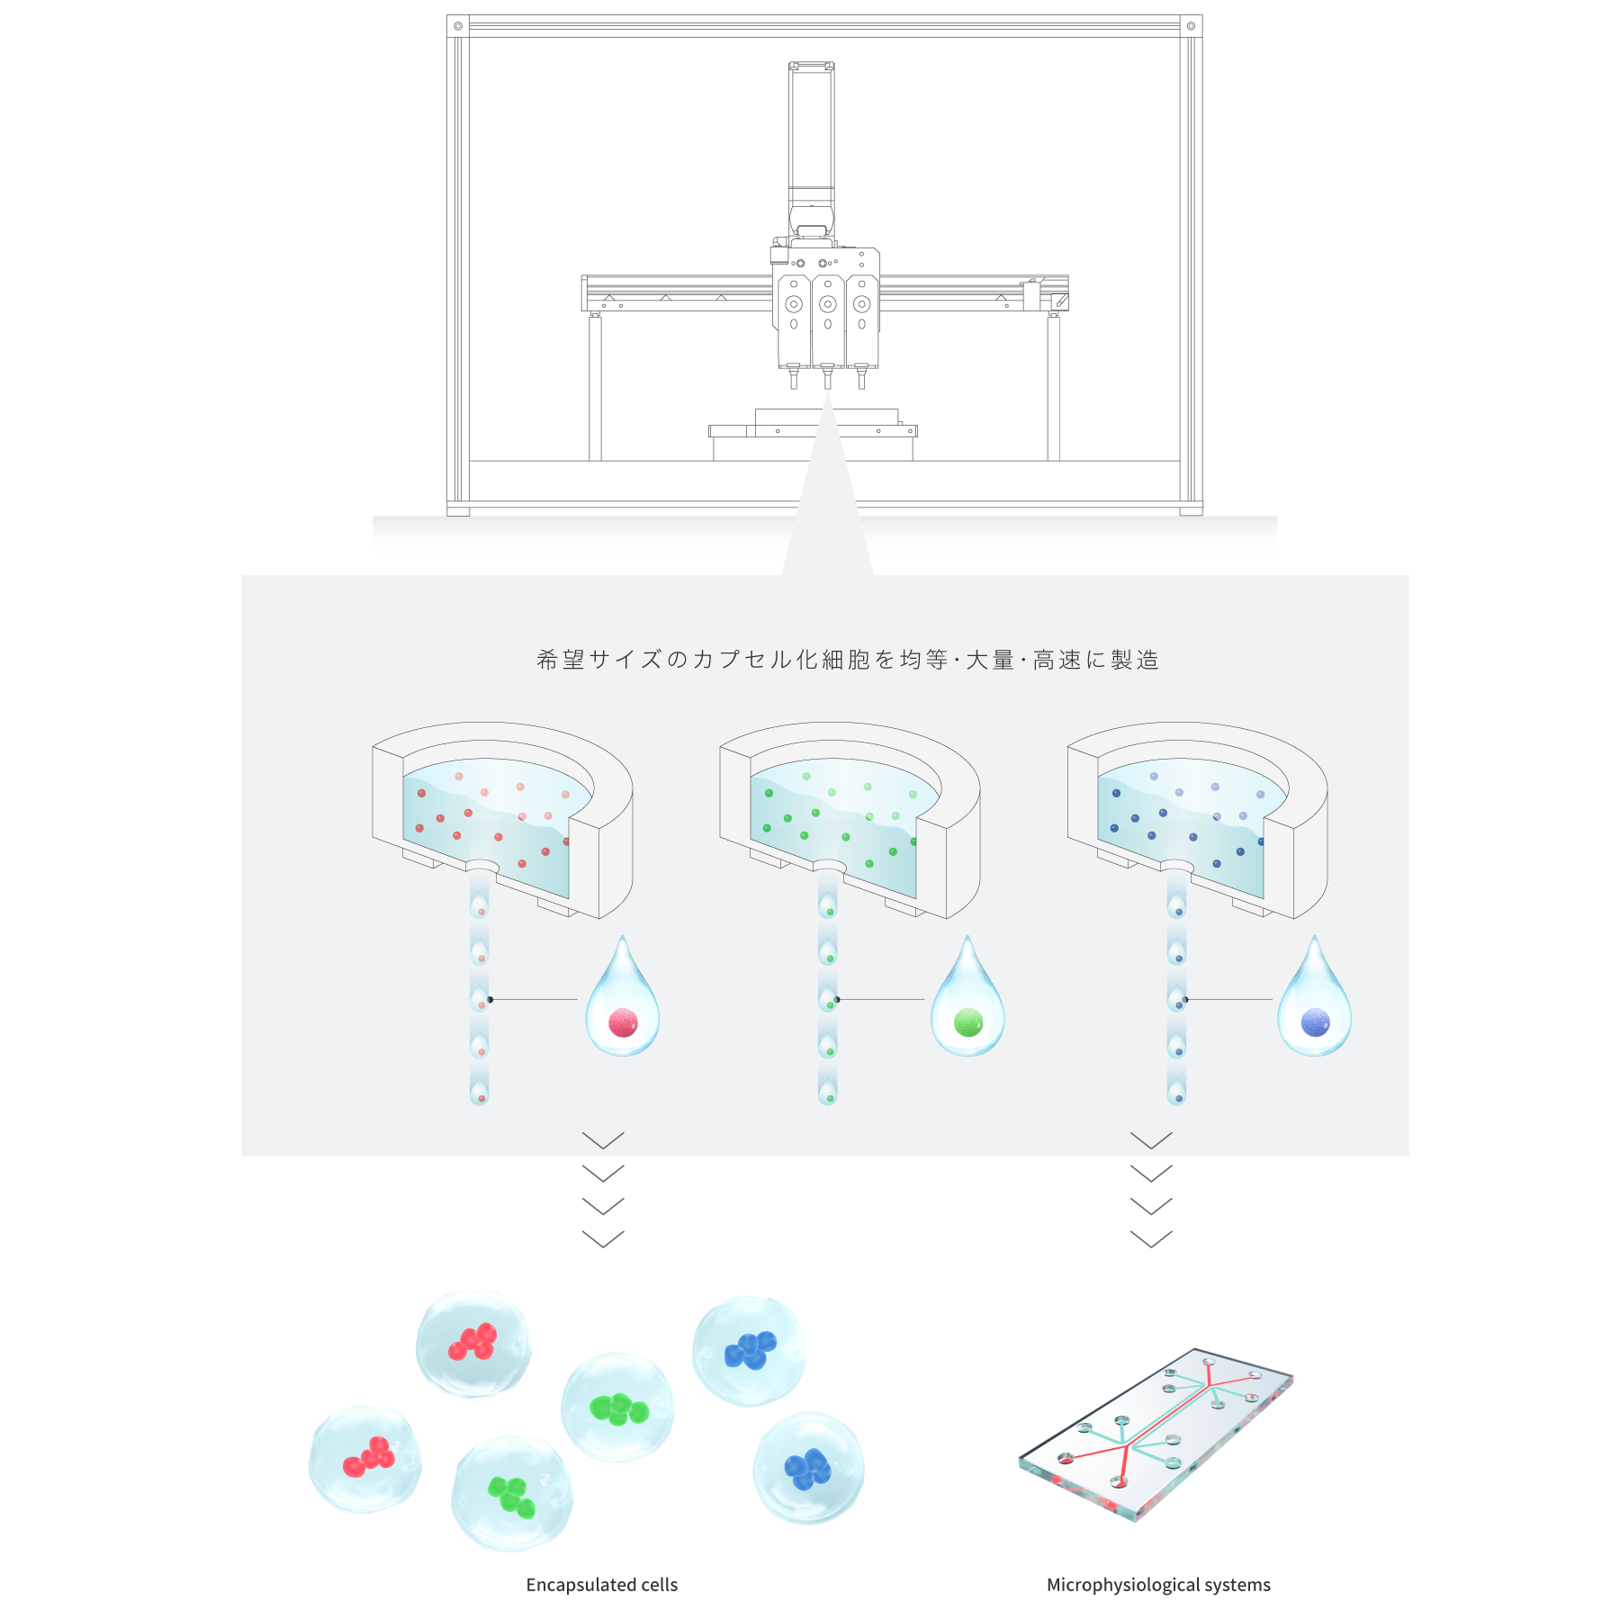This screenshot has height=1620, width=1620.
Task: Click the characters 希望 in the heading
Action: tap(561, 660)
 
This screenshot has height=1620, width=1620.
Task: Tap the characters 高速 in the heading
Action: tap(1057, 660)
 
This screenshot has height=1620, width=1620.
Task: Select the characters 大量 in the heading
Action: tap(990, 660)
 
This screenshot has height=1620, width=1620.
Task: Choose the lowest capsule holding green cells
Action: tap(511, 1494)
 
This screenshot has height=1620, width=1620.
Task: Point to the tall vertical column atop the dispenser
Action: tap(811, 135)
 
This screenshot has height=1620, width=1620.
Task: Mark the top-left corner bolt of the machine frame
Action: tap(458, 26)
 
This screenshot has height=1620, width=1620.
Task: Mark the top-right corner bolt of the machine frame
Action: tap(1191, 26)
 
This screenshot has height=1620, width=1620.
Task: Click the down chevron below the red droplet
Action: tap(603, 1140)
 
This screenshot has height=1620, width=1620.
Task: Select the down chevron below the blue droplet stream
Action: tap(1151, 1140)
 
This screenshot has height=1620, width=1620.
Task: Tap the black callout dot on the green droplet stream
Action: tap(838, 999)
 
